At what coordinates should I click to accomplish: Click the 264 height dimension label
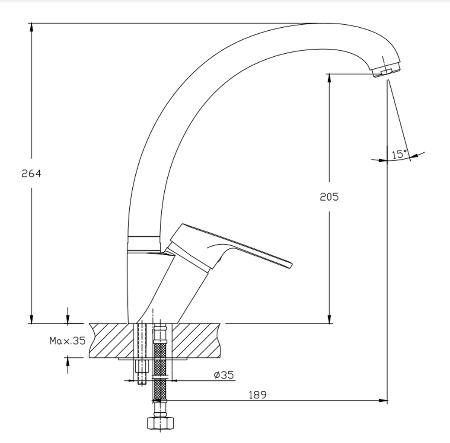[x=31, y=173]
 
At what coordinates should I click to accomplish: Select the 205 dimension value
[x=329, y=197]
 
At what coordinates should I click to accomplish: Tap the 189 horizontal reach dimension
[x=258, y=395]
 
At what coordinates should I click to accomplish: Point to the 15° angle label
[x=399, y=154]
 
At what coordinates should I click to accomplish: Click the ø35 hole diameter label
[x=224, y=375]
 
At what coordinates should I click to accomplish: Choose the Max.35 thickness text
[x=68, y=341]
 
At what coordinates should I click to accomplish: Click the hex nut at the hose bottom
[x=161, y=423]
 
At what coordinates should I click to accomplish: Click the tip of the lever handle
[x=291, y=265]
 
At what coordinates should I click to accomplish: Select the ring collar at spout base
[x=144, y=243]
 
